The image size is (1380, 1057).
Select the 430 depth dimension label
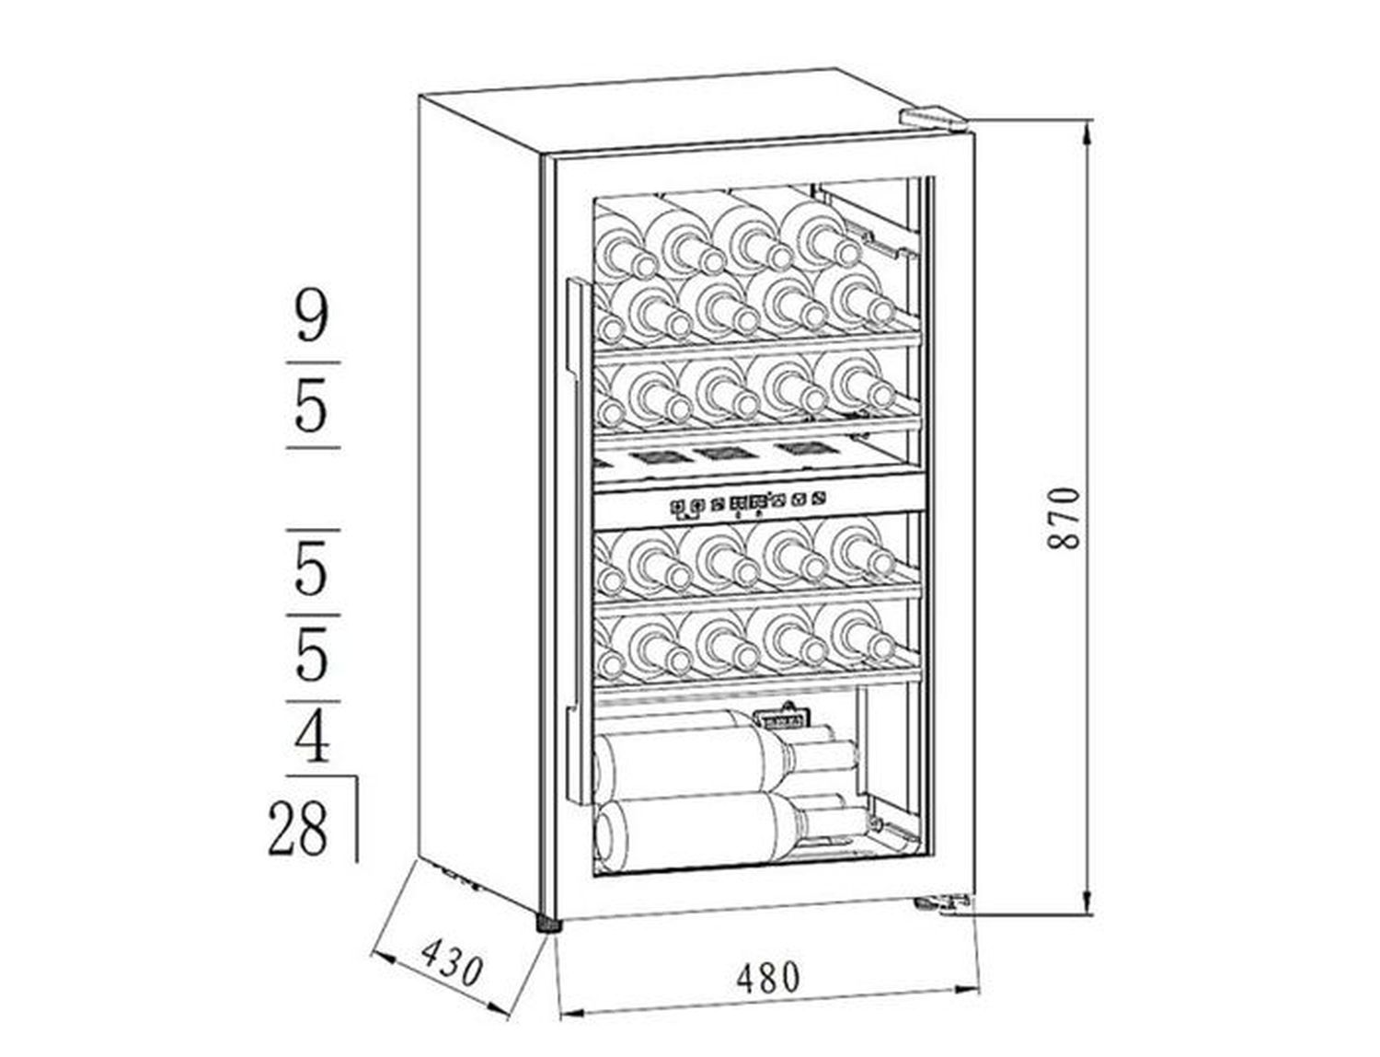point(453,963)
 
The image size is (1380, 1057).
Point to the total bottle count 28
point(298,828)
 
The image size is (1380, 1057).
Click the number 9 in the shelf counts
point(313,318)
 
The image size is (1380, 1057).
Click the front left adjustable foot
point(549,921)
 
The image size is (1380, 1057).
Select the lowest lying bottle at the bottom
point(730,831)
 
